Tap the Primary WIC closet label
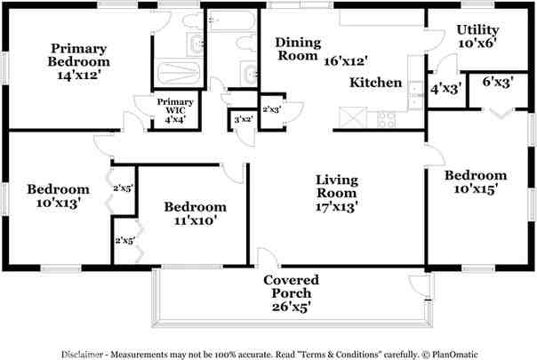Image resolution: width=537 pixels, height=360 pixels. tap(175, 108)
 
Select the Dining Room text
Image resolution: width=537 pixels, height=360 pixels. tap(296, 49)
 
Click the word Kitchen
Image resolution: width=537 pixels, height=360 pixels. tap(375, 83)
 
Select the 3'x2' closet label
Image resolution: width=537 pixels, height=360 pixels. tap(241, 119)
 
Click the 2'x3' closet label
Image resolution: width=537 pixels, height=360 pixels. tap(272, 108)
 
